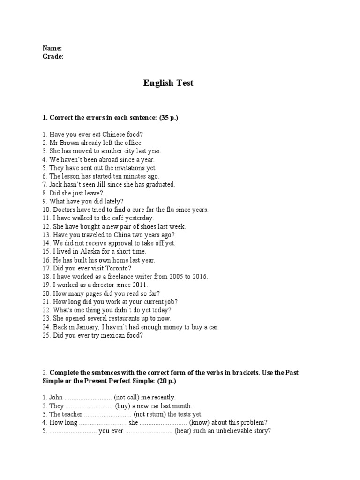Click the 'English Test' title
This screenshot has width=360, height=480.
point(168,83)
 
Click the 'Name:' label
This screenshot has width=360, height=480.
point(52,48)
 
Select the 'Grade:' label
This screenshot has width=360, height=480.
point(53,56)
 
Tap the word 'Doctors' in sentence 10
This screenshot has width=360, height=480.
point(64,210)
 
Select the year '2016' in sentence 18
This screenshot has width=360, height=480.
point(199,277)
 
